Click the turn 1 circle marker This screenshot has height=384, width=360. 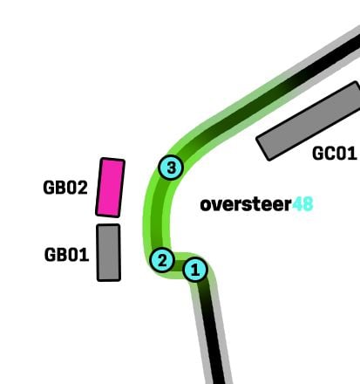[x=195, y=270]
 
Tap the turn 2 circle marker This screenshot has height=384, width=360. [x=162, y=260]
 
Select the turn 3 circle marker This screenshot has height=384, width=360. [x=171, y=168]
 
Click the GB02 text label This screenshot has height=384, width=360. [x=65, y=188]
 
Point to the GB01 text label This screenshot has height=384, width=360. [x=66, y=255]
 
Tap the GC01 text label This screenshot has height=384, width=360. [x=335, y=153]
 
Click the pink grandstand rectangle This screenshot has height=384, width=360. [x=111, y=188]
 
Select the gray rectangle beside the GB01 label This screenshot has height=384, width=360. [x=109, y=252]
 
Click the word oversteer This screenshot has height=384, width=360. [x=246, y=204]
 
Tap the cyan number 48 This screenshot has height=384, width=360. [x=302, y=204]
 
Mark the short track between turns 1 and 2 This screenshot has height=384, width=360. [x=179, y=265]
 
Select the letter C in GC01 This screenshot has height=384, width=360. [x=329, y=153]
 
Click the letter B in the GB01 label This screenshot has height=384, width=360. [x=62, y=255]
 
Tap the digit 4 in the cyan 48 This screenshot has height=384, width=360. [x=297, y=204]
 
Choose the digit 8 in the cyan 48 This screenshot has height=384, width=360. [x=308, y=204]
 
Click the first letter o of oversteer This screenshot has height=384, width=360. [x=206, y=206]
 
